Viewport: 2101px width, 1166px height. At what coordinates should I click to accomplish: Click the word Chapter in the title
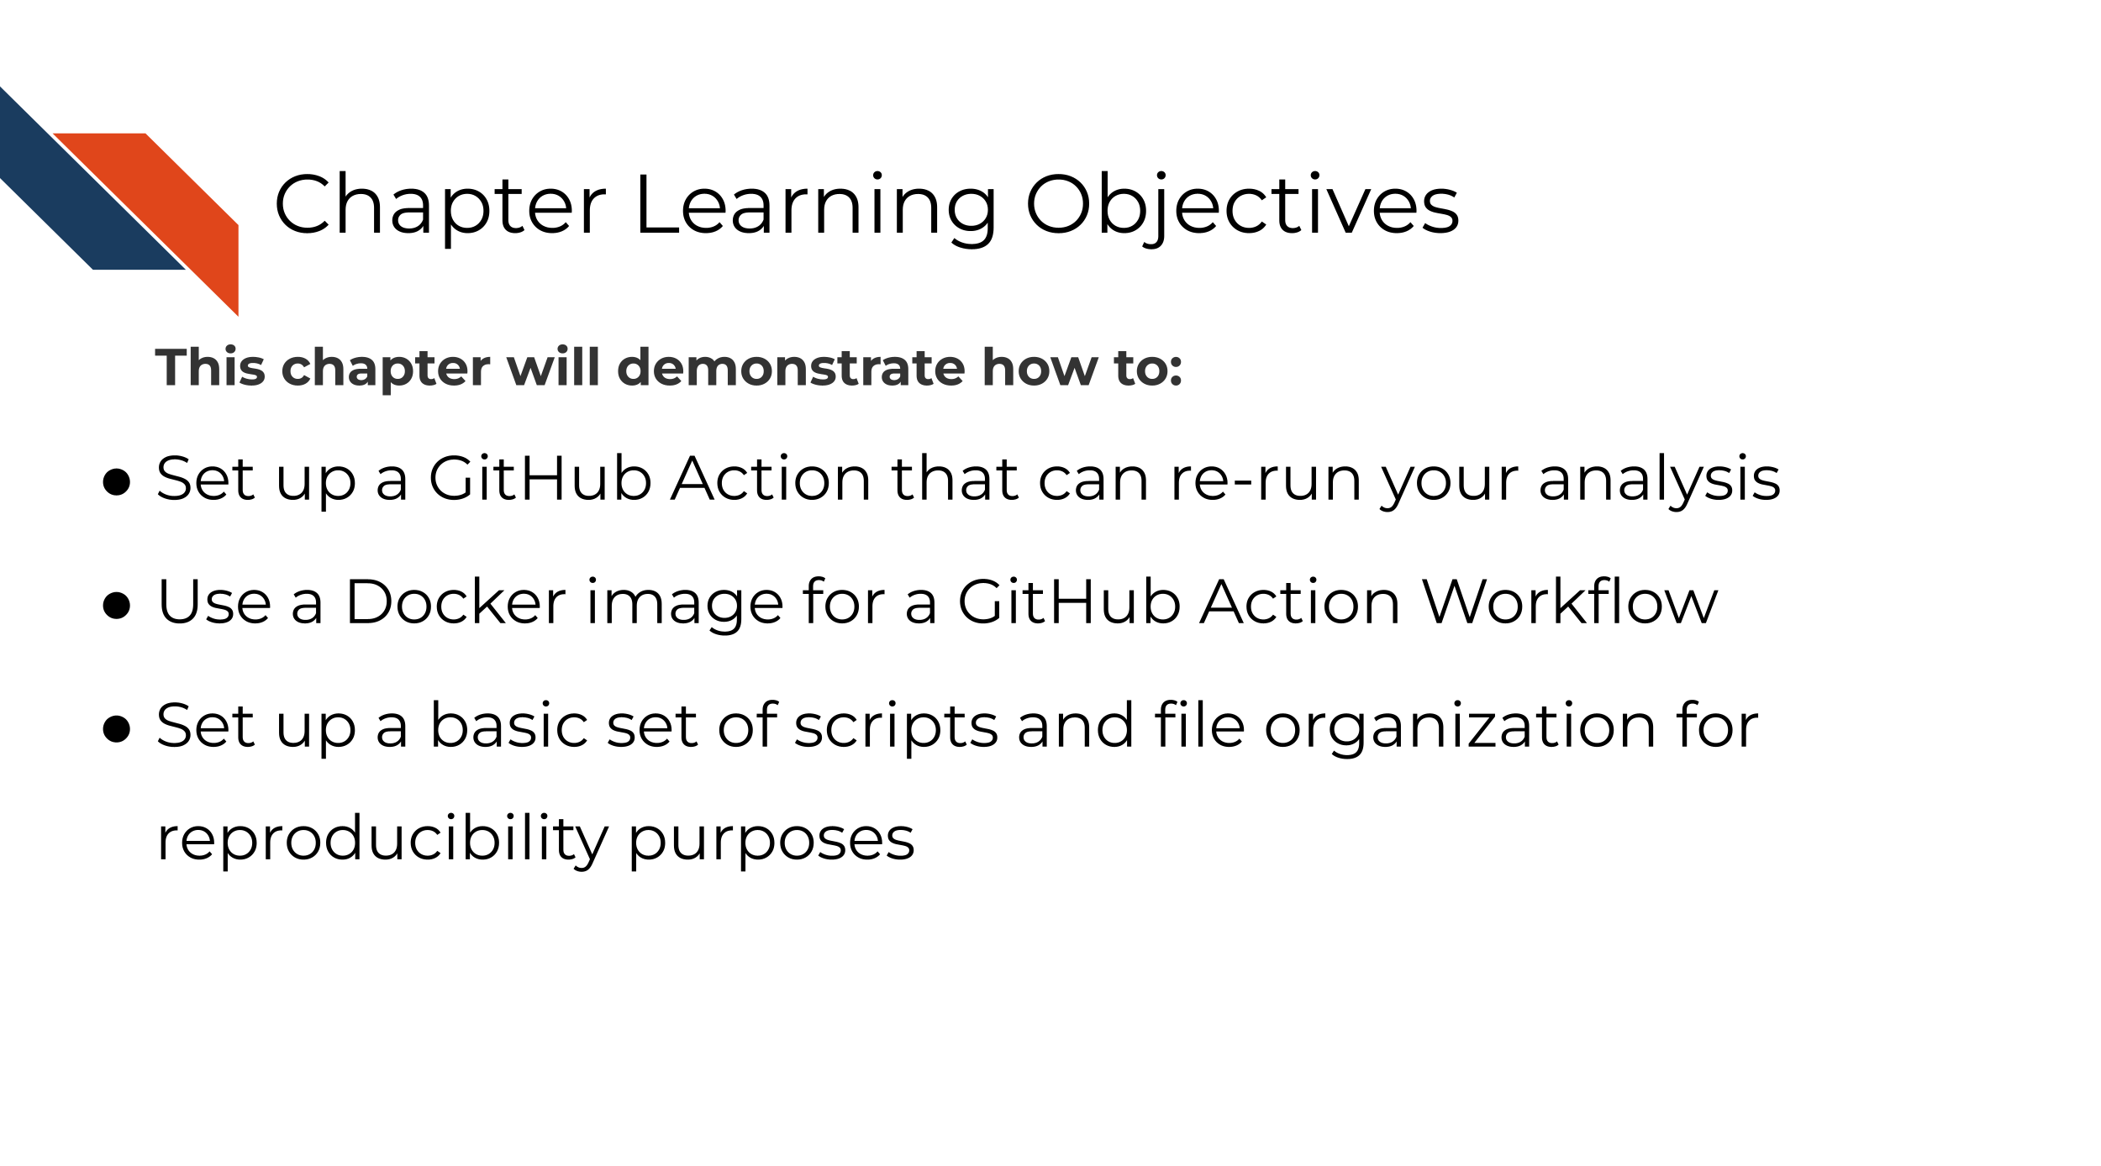click(x=440, y=205)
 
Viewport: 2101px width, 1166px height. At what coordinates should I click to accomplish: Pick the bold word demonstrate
click(x=791, y=368)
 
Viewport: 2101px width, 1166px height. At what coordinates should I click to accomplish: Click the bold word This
click(x=210, y=368)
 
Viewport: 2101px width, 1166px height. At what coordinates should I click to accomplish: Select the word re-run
click(x=1266, y=480)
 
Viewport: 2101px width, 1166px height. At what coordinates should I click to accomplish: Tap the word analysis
click(x=1659, y=480)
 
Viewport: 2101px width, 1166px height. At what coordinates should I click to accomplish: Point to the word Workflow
click(x=1569, y=602)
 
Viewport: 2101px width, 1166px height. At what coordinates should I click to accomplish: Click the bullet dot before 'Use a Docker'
click(x=117, y=606)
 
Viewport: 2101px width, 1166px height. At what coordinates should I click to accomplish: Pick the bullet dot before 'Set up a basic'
click(x=117, y=729)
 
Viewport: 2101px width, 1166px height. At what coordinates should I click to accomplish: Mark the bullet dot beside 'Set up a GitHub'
click(x=117, y=482)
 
